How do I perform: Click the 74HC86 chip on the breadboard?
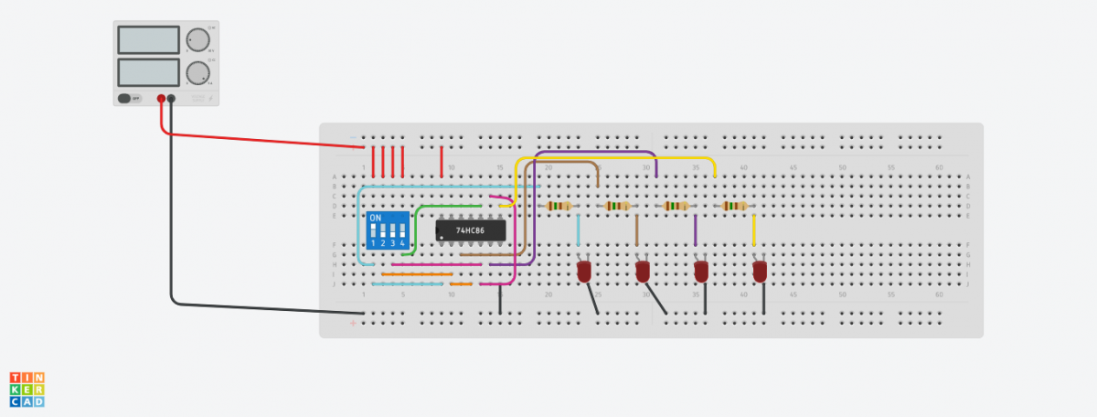[x=470, y=230]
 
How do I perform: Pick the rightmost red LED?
[x=760, y=272]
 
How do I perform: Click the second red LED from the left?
[x=643, y=272]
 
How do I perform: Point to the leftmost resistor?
[x=559, y=207]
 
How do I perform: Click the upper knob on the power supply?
[x=196, y=40]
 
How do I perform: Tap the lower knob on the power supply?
[x=196, y=73]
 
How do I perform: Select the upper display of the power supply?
[x=148, y=40]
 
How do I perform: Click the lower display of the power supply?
[x=148, y=72]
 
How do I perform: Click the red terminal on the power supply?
[x=161, y=98]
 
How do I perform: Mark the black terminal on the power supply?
[x=171, y=98]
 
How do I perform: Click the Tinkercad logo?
[x=27, y=389]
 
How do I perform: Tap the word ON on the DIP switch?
[x=375, y=219]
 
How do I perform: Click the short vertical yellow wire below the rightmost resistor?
[x=753, y=230]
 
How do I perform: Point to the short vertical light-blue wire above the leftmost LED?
[x=578, y=230]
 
